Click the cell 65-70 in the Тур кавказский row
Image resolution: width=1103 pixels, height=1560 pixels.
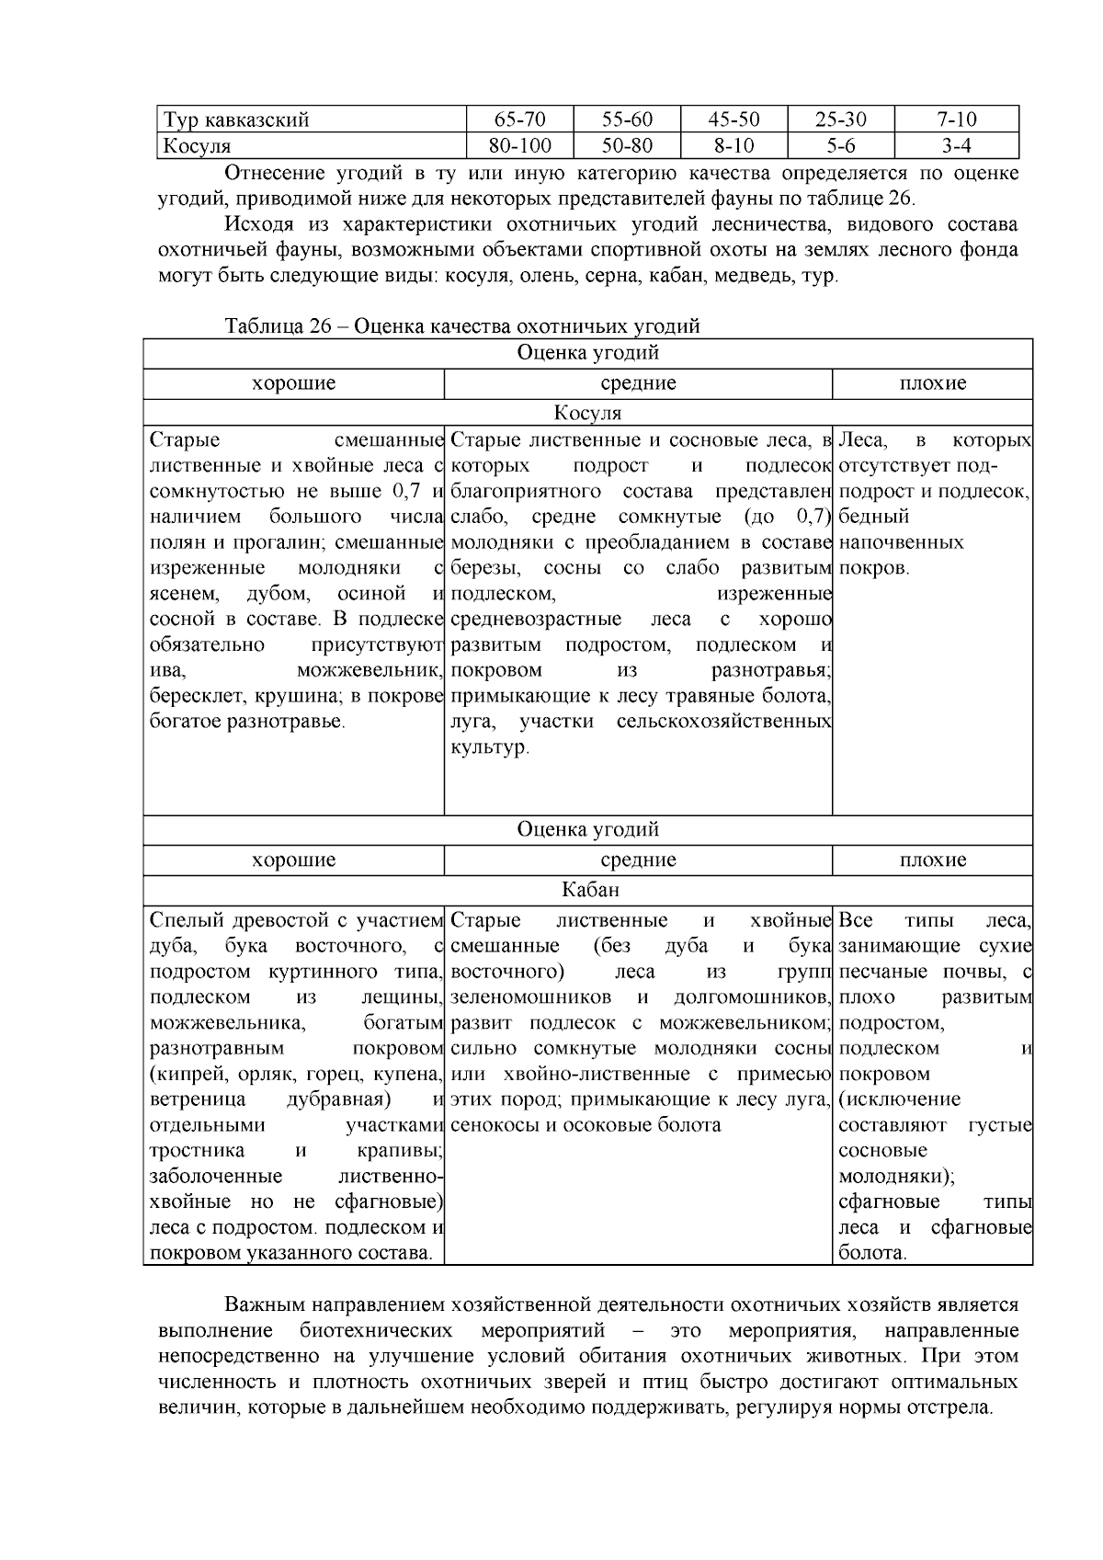tap(519, 120)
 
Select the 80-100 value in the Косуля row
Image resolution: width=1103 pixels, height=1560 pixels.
tap(519, 145)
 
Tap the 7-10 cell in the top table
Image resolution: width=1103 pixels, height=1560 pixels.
tap(956, 120)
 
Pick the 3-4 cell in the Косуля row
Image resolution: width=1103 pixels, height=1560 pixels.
tap(956, 145)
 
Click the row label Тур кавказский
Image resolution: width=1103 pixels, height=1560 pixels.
tap(236, 120)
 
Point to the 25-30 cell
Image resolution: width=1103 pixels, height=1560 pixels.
tap(840, 120)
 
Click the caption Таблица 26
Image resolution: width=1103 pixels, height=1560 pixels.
tap(462, 325)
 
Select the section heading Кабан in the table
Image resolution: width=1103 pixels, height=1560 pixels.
tap(588, 890)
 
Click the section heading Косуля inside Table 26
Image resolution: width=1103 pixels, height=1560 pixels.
tap(588, 414)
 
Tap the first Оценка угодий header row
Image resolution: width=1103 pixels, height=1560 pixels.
tap(588, 353)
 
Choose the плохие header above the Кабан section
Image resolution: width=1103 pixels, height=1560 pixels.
tap(932, 860)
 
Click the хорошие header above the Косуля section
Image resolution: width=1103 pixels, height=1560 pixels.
tap(294, 383)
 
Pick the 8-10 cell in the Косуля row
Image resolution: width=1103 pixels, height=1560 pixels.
tap(733, 145)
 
